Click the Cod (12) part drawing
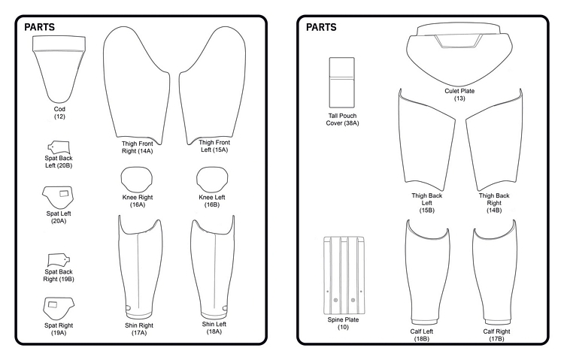pos(59,68)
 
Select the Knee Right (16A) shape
pos(137,180)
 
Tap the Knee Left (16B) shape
pos(212,180)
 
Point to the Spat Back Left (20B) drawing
pos(58,147)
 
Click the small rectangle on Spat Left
pos(64,193)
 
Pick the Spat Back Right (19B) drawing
pos(59,260)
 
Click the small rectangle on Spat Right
pos(53,305)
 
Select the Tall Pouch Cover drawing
pos(341,83)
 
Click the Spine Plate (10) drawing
pos(344,275)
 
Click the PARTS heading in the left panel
pos(40,27)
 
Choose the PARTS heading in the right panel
pos(321,27)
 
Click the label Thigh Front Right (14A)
pos(137,147)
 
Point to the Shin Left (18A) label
pos(214,328)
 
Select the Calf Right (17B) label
pos(496,335)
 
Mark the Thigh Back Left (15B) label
pos(426,203)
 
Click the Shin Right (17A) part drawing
pos(140,266)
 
